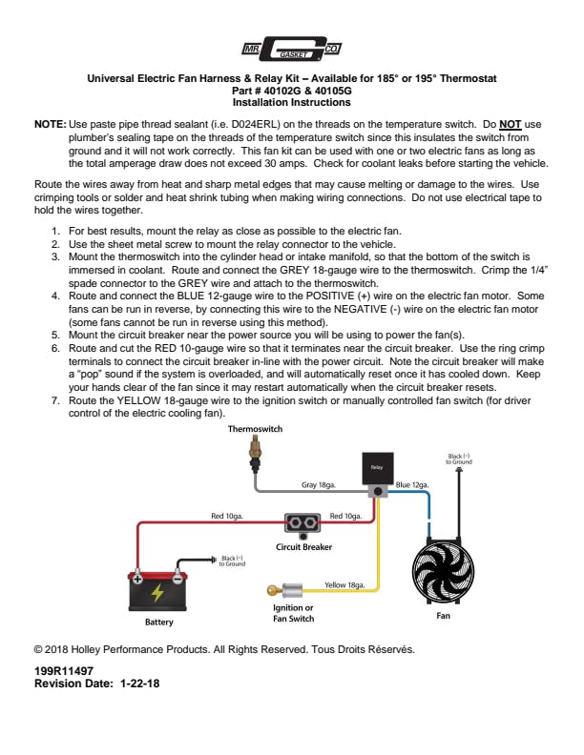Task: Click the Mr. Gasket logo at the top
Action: [x=291, y=49]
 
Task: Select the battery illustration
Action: [x=157, y=591]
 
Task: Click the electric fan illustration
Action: [x=444, y=571]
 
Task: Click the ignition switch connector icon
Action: [x=286, y=590]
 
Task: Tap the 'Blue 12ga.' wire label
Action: [x=412, y=485]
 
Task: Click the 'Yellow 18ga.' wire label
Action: [x=344, y=584]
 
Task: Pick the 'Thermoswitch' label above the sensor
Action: [x=255, y=430]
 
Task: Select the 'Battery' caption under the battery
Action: [x=158, y=622]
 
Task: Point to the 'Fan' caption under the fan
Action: [x=443, y=616]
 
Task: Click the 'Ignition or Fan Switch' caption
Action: [x=294, y=613]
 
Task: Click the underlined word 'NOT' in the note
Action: [x=510, y=125]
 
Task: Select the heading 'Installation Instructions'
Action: [x=291, y=102]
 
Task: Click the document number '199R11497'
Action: [x=63, y=671]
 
